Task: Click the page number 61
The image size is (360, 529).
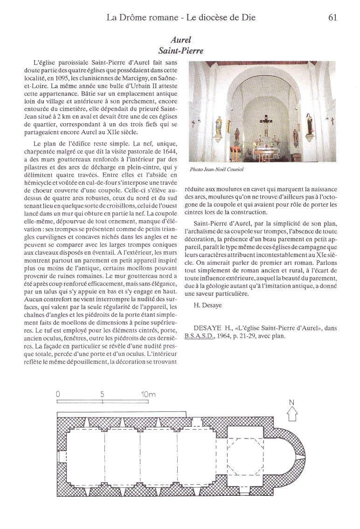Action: pos(332,18)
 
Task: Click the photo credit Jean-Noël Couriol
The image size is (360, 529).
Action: pos(217,170)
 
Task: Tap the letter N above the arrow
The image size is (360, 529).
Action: pos(292,402)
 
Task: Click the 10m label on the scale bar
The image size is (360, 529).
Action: pos(148,394)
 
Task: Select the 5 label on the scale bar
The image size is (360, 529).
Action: pos(102,394)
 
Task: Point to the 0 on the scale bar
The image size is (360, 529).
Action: pos(58,394)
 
